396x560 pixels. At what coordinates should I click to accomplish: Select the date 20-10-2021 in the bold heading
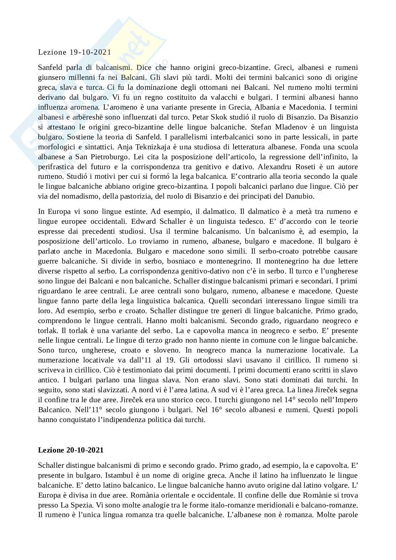(85, 450)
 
